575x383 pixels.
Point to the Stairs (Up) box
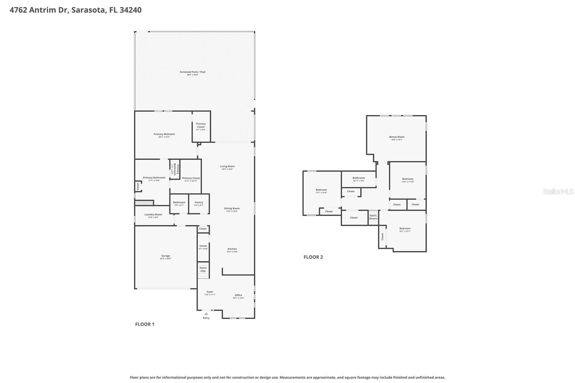[203, 269]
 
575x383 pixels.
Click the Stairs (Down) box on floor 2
[373, 217]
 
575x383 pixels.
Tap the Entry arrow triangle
[206, 314]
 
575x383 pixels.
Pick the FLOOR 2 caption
[313, 257]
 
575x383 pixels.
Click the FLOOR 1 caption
[144, 324]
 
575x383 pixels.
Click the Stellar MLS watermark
[558, 191]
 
